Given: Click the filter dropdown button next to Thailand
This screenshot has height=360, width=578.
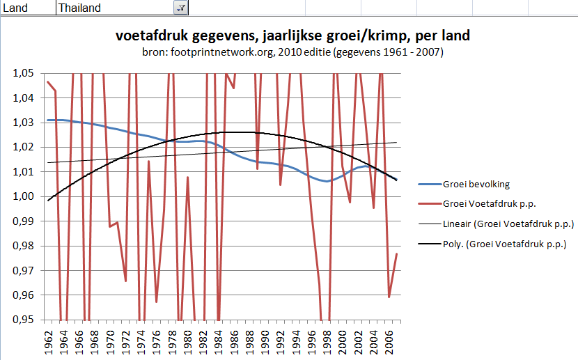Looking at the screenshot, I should pos(180,8).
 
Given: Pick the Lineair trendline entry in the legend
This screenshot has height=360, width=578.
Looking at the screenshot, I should pos(508,224).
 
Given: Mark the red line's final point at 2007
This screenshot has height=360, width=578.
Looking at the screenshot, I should pos(396,253).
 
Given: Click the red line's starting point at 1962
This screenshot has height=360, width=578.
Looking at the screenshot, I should pos(47,82).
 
